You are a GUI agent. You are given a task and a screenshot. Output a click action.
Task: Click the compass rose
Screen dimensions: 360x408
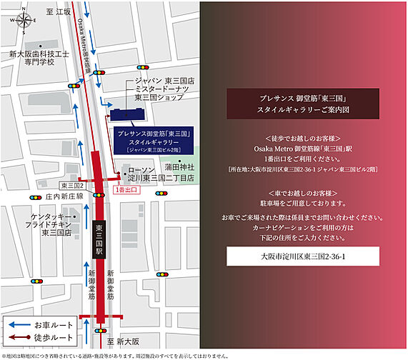22,21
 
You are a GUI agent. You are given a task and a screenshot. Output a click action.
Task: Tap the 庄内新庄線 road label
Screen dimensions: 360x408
64,196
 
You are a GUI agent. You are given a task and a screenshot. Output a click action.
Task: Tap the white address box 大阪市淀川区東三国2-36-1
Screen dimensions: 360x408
304,256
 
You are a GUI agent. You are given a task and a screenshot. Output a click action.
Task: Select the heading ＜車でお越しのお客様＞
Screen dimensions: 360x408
304,194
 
